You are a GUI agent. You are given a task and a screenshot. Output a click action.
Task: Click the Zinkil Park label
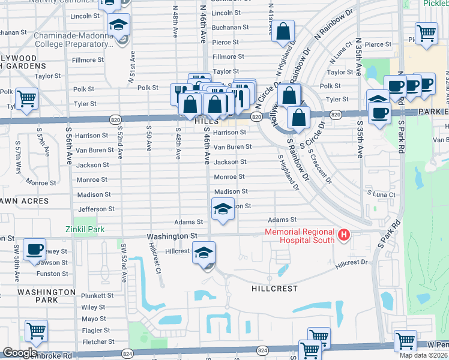tap(85, 229)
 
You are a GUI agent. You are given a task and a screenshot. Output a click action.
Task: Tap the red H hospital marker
tap(343, 233)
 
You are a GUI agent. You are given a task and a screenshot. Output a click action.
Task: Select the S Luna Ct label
tap(381, 194)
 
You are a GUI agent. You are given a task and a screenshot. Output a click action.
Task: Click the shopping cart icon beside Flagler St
tap(37, 331)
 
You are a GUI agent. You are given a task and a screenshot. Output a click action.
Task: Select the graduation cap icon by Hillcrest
tap(203, 253)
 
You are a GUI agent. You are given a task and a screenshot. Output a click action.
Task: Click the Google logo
tap(20, 353)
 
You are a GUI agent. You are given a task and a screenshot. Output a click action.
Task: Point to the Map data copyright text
tap(424, 355)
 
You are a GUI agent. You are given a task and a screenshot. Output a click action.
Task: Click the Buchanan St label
tap(231, 28)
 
